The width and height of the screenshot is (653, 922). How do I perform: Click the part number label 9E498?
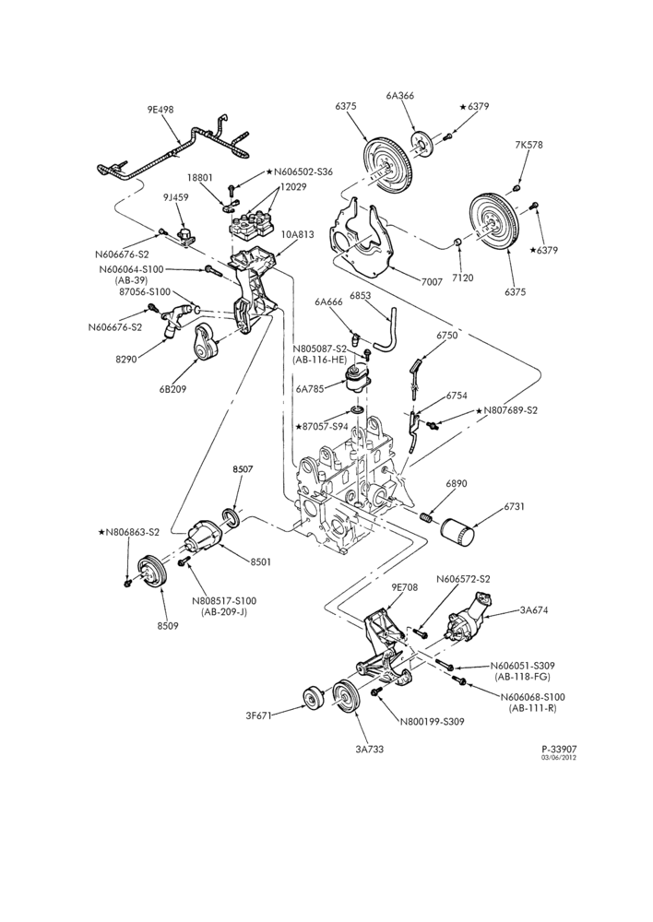pos(160,110)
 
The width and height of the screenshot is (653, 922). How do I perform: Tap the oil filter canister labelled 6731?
pos(458,531)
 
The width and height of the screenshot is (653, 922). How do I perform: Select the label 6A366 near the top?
pos(400,95)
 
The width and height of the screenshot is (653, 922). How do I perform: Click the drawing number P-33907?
pos(559,749)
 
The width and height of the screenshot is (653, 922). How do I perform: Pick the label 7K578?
pos(528,145)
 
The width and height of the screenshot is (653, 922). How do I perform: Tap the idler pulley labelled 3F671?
pos(313,699)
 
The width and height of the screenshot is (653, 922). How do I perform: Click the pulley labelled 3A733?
pos(346,698)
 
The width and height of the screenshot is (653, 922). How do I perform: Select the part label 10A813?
pos(297,234)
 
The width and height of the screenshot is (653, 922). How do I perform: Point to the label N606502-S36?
pos(303,171)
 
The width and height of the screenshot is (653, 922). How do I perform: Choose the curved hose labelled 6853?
pos(386,331)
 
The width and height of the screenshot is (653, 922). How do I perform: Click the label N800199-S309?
pos(432,722)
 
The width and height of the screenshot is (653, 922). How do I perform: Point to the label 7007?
pos(432,282)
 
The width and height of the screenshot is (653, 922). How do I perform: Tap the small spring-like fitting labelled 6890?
pos(426,517)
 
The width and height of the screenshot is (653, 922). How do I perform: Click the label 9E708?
pos(404,587)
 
